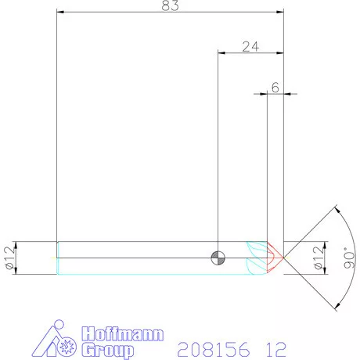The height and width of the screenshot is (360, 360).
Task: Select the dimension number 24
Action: pyautogui.click(x=250, y=46)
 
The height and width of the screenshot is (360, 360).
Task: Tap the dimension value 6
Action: pyautogui.click(x=275, y=88)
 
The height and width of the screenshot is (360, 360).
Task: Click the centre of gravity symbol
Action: pyautogui.click(x=217, y=257)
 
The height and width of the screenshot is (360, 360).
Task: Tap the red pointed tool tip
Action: pyautogui.click(x=276, y=256)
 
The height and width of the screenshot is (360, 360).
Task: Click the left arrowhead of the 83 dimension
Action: pyautogui.click(x=61, y=12)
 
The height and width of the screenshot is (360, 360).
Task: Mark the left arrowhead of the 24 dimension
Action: pyautogui.click(x=221, y=52)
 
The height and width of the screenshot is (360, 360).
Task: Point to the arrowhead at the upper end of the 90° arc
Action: pyautogui.click(x=337, y=210)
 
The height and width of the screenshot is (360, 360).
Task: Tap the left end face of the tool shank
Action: pyautogui.click(x=57, y=257)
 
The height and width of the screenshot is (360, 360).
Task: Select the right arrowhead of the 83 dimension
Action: pyautogui.click(x=279, y=12)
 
